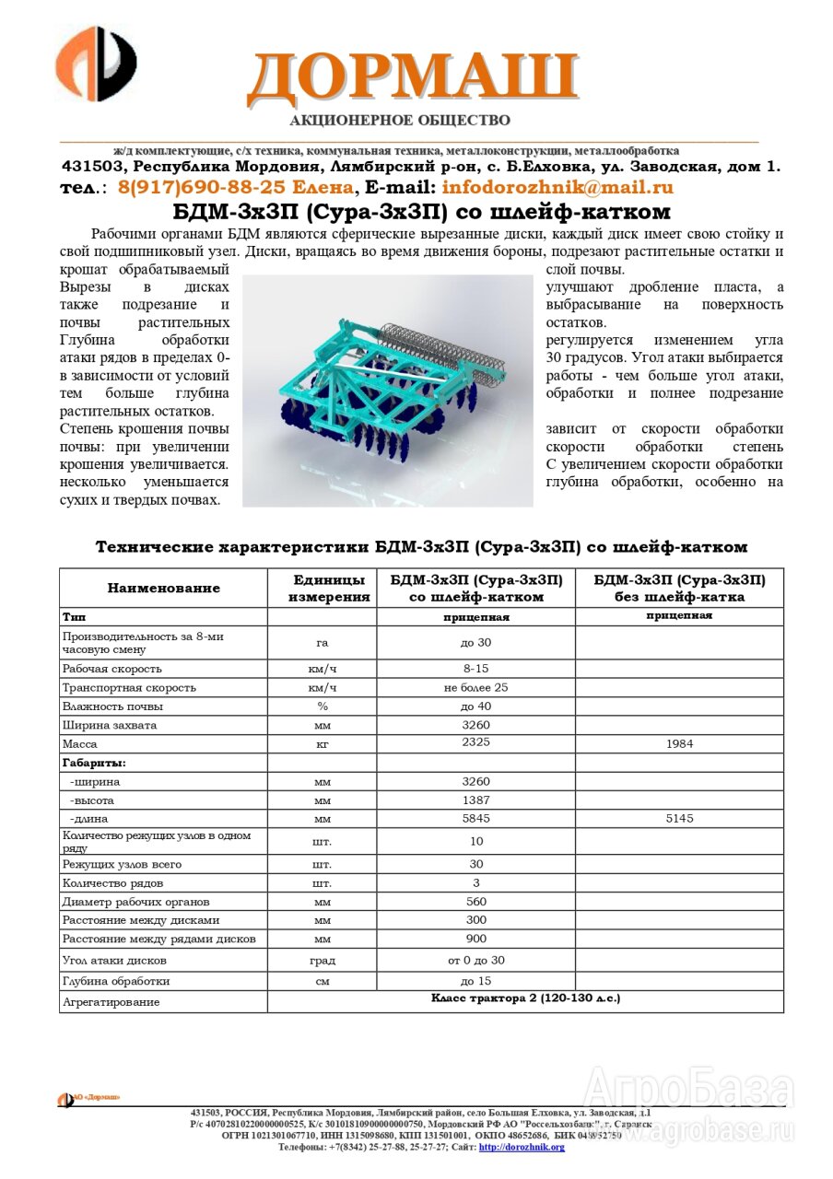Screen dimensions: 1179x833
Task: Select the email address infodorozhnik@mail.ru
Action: pyautogui.click(x=557, y=187)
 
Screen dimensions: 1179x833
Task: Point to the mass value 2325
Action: pyautogui.click(x=475, y=743)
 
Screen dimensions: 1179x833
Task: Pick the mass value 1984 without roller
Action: pyautogui.click(x=679, y=743)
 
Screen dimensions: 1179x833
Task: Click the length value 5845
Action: pyautogui.click(x=475, y=818)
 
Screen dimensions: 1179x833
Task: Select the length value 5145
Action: pyautogui.click(x=679, y=818)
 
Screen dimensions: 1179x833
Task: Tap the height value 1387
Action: pyautogui.click(x=475, y=800)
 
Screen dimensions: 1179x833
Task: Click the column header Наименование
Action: pyautogui.click(x=164, y=588)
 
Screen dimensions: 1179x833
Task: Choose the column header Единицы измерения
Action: pyautogui.click(x=322, y=588)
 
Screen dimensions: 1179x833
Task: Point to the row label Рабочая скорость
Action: pyautogui.click(x=112, y=668)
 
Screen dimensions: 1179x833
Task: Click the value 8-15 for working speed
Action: pyautogui.click(x=475, y=668)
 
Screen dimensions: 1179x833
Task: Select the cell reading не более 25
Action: pyautogui.click(x=475, y=687)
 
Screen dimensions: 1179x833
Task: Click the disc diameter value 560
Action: pyautogui.click(x=475, y=901)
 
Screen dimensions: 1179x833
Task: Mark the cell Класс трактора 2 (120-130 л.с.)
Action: pyautogui.click(x=525, y=998)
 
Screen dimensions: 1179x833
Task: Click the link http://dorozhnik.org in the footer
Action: pyautogui.click(x=522, y=1147)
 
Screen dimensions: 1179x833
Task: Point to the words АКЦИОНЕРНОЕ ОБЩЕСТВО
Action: pyautogui.click(x=399, y=120)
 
